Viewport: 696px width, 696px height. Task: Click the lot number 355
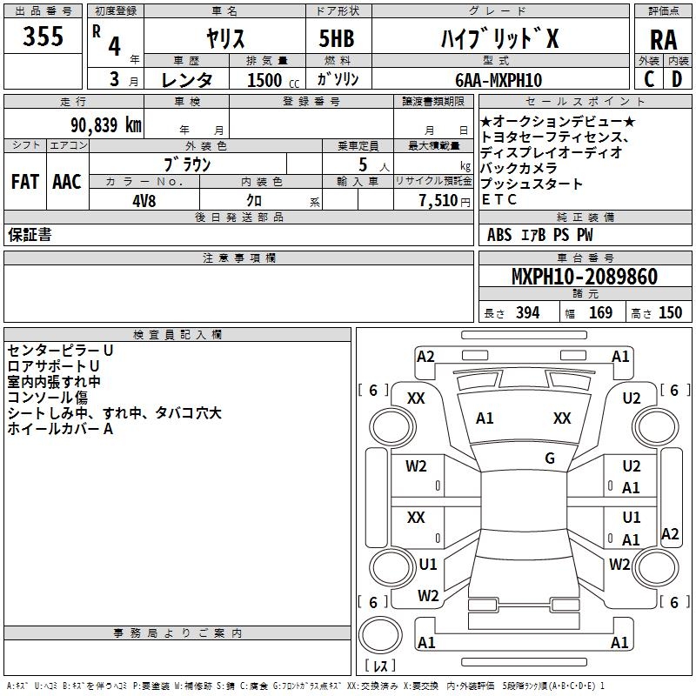pos(43,36)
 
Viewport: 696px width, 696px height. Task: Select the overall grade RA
pos(663,40)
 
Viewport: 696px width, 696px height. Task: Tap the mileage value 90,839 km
pos(106,125)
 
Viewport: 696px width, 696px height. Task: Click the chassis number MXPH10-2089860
pos(584,276)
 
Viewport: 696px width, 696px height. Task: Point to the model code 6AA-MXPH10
pos(499,80)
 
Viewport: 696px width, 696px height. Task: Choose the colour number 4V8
pos(144,201)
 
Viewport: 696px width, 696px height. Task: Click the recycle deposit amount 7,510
pos(438,201)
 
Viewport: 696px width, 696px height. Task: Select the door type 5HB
pos(337,38)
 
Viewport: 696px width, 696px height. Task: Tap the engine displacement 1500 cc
pos(273,80)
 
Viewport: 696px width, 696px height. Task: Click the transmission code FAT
pos(25,182)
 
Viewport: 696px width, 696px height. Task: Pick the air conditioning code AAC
pos(67,182)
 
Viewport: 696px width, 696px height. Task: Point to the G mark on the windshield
pos(550,458)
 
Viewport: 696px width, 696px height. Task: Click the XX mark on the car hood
pos(561,418)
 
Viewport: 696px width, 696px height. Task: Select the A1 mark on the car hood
pos(485,418)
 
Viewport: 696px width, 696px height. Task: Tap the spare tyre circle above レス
pos(380,635)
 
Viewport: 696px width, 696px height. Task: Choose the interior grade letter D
pos(677,79)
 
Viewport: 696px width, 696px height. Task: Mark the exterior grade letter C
pos(649,79)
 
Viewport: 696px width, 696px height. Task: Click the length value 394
pos(527,313)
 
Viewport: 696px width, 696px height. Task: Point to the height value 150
pos(670,313)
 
